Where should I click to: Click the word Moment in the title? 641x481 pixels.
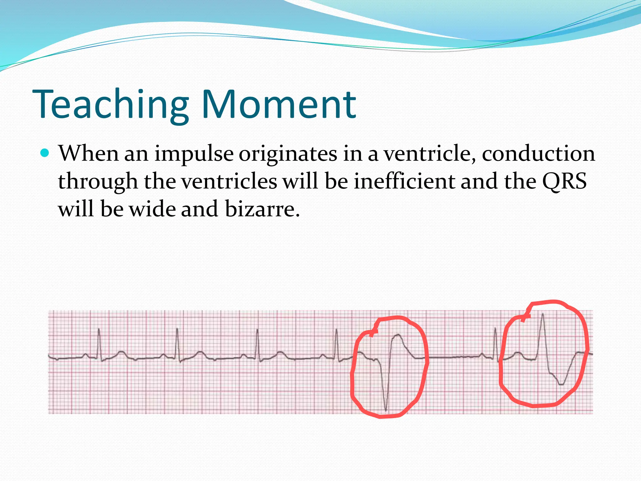click(279, 105)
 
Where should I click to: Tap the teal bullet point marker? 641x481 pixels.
click(45, 153)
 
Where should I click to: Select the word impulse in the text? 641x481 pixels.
click(194, 154)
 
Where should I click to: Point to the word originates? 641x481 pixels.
click(288, 154)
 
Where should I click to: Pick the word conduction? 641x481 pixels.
click(538, 154)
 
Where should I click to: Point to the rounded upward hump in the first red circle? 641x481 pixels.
click(398, 337)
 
